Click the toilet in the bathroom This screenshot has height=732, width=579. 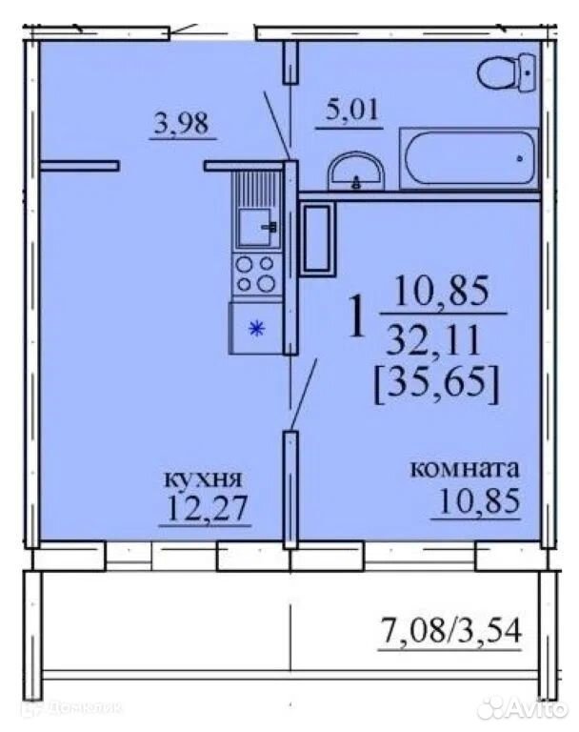[x=507, y=73]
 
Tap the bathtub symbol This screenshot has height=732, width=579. [x=469, y=159]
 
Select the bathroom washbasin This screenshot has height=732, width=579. [x=356, y=172]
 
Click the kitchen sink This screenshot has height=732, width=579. [x=257, y=227]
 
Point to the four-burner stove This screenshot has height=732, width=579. [x=257, y=274]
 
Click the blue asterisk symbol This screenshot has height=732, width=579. [x=256, y=329]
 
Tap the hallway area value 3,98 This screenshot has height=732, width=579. [x=182, y=124]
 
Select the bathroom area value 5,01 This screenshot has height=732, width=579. [x=351, y=111]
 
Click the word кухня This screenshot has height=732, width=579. [x=203, y=479]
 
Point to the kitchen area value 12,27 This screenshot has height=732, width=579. [x=206, y=507]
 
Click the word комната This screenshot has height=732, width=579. [x=464, y=468]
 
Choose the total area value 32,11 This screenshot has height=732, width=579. [x=432, y=340]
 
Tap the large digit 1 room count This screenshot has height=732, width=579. [x=357, y=317]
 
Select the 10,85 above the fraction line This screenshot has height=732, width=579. [x=442, y=291]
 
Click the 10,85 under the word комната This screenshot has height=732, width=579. [x=478, y=500]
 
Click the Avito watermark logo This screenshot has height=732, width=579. [x=523, y=708]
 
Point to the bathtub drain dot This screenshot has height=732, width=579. [x=519, y=159]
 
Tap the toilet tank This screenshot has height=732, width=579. [x=528, y=73]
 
